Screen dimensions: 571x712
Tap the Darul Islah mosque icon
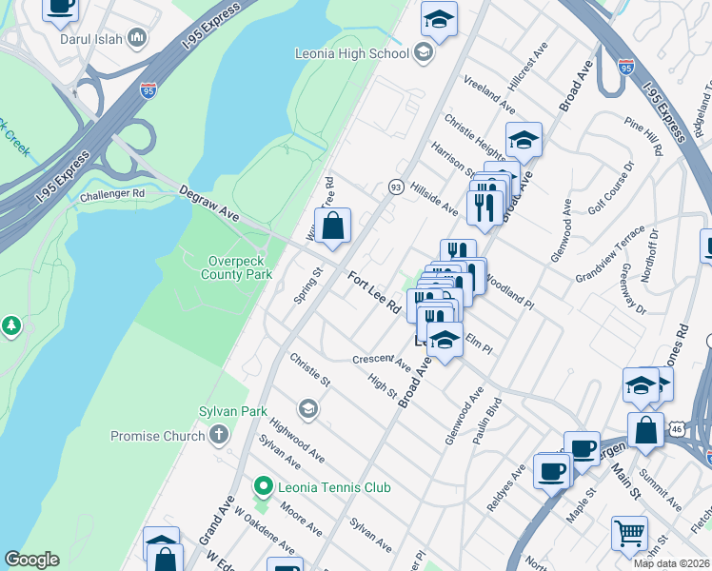[137, 38]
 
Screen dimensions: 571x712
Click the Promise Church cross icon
[219, 436]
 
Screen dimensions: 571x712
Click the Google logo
[31, 560]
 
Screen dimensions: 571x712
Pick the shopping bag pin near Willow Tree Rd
[333, 226]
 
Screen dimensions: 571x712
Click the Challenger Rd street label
[111, 193]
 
